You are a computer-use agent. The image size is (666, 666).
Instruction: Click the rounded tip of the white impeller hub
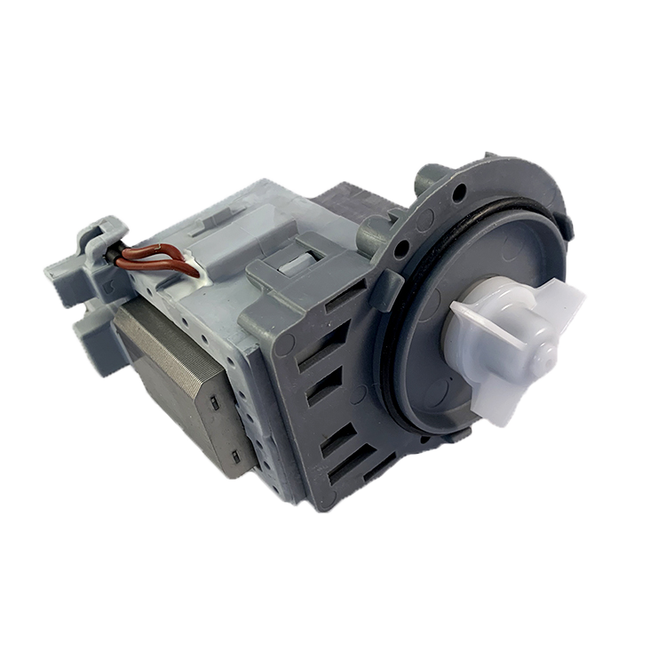[x=544, y=353]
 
